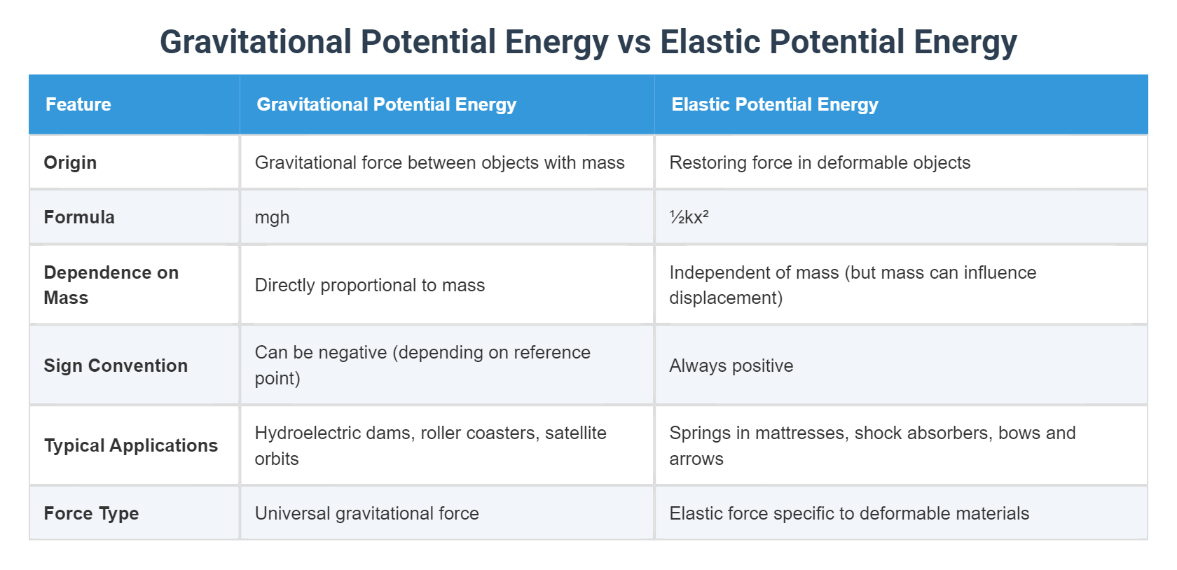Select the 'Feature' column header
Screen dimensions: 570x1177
[78, 104]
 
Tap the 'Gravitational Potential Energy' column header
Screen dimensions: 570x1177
[386, 104]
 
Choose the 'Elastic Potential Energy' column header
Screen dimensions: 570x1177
[774, 104]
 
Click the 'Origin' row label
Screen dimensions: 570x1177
[70, 162]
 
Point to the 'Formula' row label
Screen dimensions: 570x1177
[79, 217]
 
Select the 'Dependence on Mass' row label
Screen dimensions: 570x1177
[111, 285]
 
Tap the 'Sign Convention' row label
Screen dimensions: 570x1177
[116, 366]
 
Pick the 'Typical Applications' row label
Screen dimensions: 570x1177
[131, 445]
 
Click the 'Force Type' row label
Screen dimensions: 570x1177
[91, 513]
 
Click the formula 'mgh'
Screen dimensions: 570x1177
[272, 217]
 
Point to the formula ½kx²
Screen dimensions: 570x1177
[689, 217]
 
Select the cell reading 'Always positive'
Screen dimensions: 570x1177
[731, 366]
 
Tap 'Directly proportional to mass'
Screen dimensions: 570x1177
[369, 285]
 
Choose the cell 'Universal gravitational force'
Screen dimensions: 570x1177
[366, 513]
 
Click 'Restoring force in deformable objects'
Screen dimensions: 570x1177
[819, 162]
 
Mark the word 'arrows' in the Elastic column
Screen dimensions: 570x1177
[696, 459]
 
